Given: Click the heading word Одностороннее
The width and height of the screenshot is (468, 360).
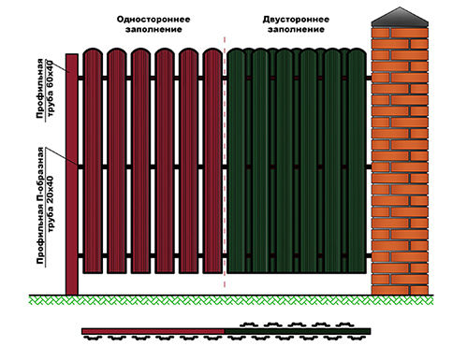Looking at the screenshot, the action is pos(154,20).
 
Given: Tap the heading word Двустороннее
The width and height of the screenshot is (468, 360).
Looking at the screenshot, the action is pos(296,20).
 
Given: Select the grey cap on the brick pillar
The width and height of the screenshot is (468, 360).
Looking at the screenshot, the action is pos(400,17).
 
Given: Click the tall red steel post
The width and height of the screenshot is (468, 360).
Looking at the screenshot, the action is pos(72,174).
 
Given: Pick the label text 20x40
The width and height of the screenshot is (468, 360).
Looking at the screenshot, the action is pos(50,190).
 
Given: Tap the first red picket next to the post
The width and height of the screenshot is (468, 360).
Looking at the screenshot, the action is pos(93,161).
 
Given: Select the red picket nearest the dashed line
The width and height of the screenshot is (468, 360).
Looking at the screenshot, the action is pos(212,161).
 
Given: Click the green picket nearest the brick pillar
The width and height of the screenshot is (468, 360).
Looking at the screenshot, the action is pos(357,161).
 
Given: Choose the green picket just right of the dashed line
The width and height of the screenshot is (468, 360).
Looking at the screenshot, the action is pos(236,161).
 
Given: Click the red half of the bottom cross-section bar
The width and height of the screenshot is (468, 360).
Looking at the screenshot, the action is pos(153,331).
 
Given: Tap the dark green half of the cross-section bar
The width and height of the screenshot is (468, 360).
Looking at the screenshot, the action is pos(298,331).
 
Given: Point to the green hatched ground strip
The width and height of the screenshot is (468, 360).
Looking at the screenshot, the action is pos(231,300).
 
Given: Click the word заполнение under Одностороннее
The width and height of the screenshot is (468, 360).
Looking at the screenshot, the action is pos(154,30).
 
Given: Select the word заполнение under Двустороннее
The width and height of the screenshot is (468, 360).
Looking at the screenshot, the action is pos(296,30).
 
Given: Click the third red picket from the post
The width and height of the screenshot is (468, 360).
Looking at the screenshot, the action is pos(140,161).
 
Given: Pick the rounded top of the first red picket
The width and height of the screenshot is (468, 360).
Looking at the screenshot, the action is pos(93,51).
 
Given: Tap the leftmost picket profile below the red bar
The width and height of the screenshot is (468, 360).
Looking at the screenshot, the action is pos(93,338).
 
